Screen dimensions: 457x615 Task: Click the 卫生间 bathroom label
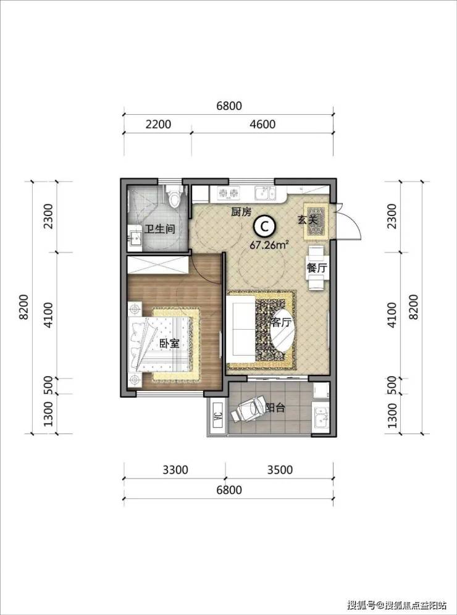[x=159, y=230]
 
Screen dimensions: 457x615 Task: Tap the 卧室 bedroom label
[x=169, y=343]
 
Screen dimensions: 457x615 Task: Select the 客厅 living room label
[x=281, y=322]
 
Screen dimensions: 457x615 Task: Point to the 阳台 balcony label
[x=275, y=408]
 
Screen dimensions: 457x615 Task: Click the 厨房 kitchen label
[x=240, y=212]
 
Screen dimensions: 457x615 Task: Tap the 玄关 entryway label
[x=307, y=220]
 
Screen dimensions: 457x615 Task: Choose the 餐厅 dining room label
[x=316, y=269]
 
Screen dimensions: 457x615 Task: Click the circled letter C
[x=264, y=226]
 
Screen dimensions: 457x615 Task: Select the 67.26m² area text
[x=269, y=245]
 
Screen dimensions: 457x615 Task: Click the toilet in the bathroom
[x=174, y=195]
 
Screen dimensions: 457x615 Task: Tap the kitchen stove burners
[x=228, y=193]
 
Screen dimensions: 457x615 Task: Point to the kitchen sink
[x=265, y=193]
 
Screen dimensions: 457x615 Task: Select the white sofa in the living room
[x=241, y=328]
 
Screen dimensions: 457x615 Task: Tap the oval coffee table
[x=283, y=327]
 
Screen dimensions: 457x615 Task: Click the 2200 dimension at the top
[x=158, y=124]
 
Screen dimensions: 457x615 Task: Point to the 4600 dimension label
[x=262, y=124]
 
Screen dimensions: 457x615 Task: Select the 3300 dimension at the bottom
[x=175, y=469]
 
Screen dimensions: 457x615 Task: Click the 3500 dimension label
[x=279, y=469]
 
